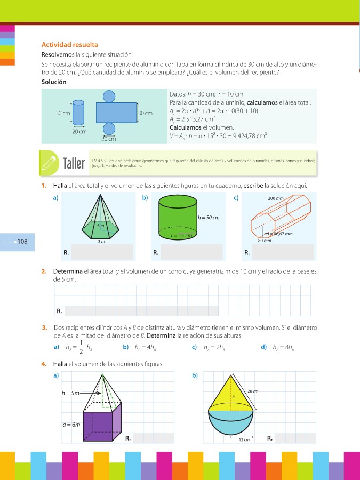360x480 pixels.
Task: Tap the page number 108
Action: (22, 242)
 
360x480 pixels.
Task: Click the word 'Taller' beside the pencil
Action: (74, 163)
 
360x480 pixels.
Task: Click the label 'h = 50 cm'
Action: (209, 218)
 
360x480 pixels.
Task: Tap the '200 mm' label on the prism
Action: (275, 198)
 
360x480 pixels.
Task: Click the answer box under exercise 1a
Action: (101, 251)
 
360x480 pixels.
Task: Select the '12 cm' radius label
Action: (244, 439)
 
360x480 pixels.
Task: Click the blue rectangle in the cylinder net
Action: (116, 113)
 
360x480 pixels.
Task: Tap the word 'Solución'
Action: (54, 82)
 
